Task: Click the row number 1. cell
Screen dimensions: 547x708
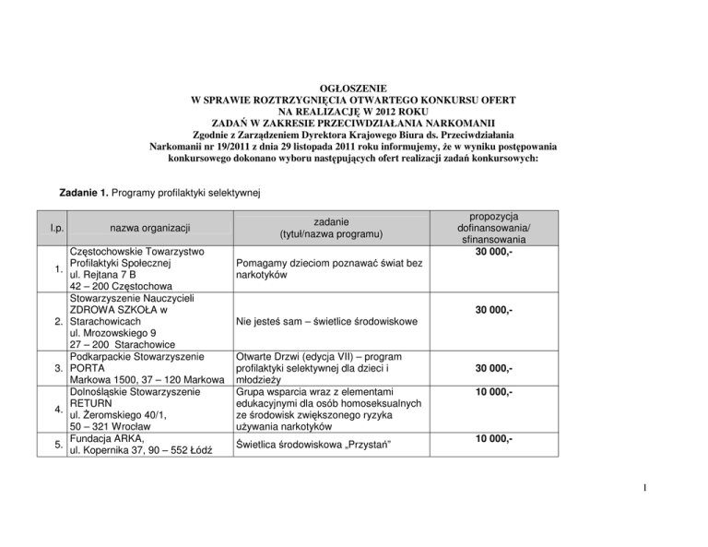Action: click(x=58, y=269)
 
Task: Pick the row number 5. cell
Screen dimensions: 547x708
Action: click(x=58, y=443)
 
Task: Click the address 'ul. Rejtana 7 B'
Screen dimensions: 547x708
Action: click(x=109, y=275)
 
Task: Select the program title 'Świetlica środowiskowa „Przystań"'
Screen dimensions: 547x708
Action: click(x=309, y=446)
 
